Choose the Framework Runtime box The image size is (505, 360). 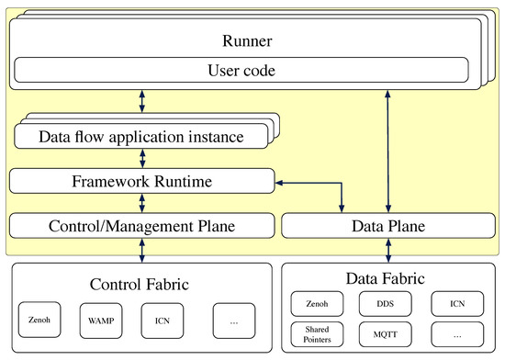tap(141, 182)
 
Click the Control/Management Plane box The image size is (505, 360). tap(141, 224)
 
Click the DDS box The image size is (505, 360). tap(387, 302)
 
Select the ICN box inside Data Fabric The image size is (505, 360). tap(456, 302)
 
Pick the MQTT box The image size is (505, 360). tap(387, 332)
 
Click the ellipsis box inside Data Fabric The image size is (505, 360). tap(456, 332)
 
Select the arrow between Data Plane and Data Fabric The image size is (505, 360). tap(389, 250)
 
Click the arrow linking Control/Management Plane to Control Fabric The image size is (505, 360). tap(140, 250)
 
